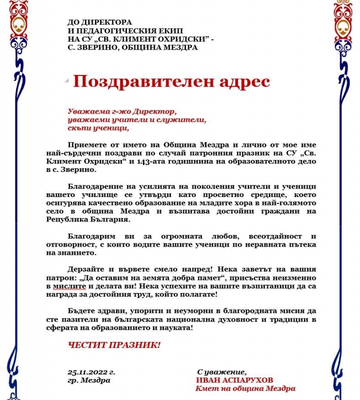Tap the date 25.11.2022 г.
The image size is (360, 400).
point(91,372)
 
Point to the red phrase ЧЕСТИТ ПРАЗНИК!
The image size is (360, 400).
point(114,345)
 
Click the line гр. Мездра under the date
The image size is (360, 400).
point(89,380)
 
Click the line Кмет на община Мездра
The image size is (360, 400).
point(245,388)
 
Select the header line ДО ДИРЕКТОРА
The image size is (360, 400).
point(100,22)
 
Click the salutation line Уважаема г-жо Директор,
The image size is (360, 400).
point(122,110)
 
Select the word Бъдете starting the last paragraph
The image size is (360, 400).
point(82,310)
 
